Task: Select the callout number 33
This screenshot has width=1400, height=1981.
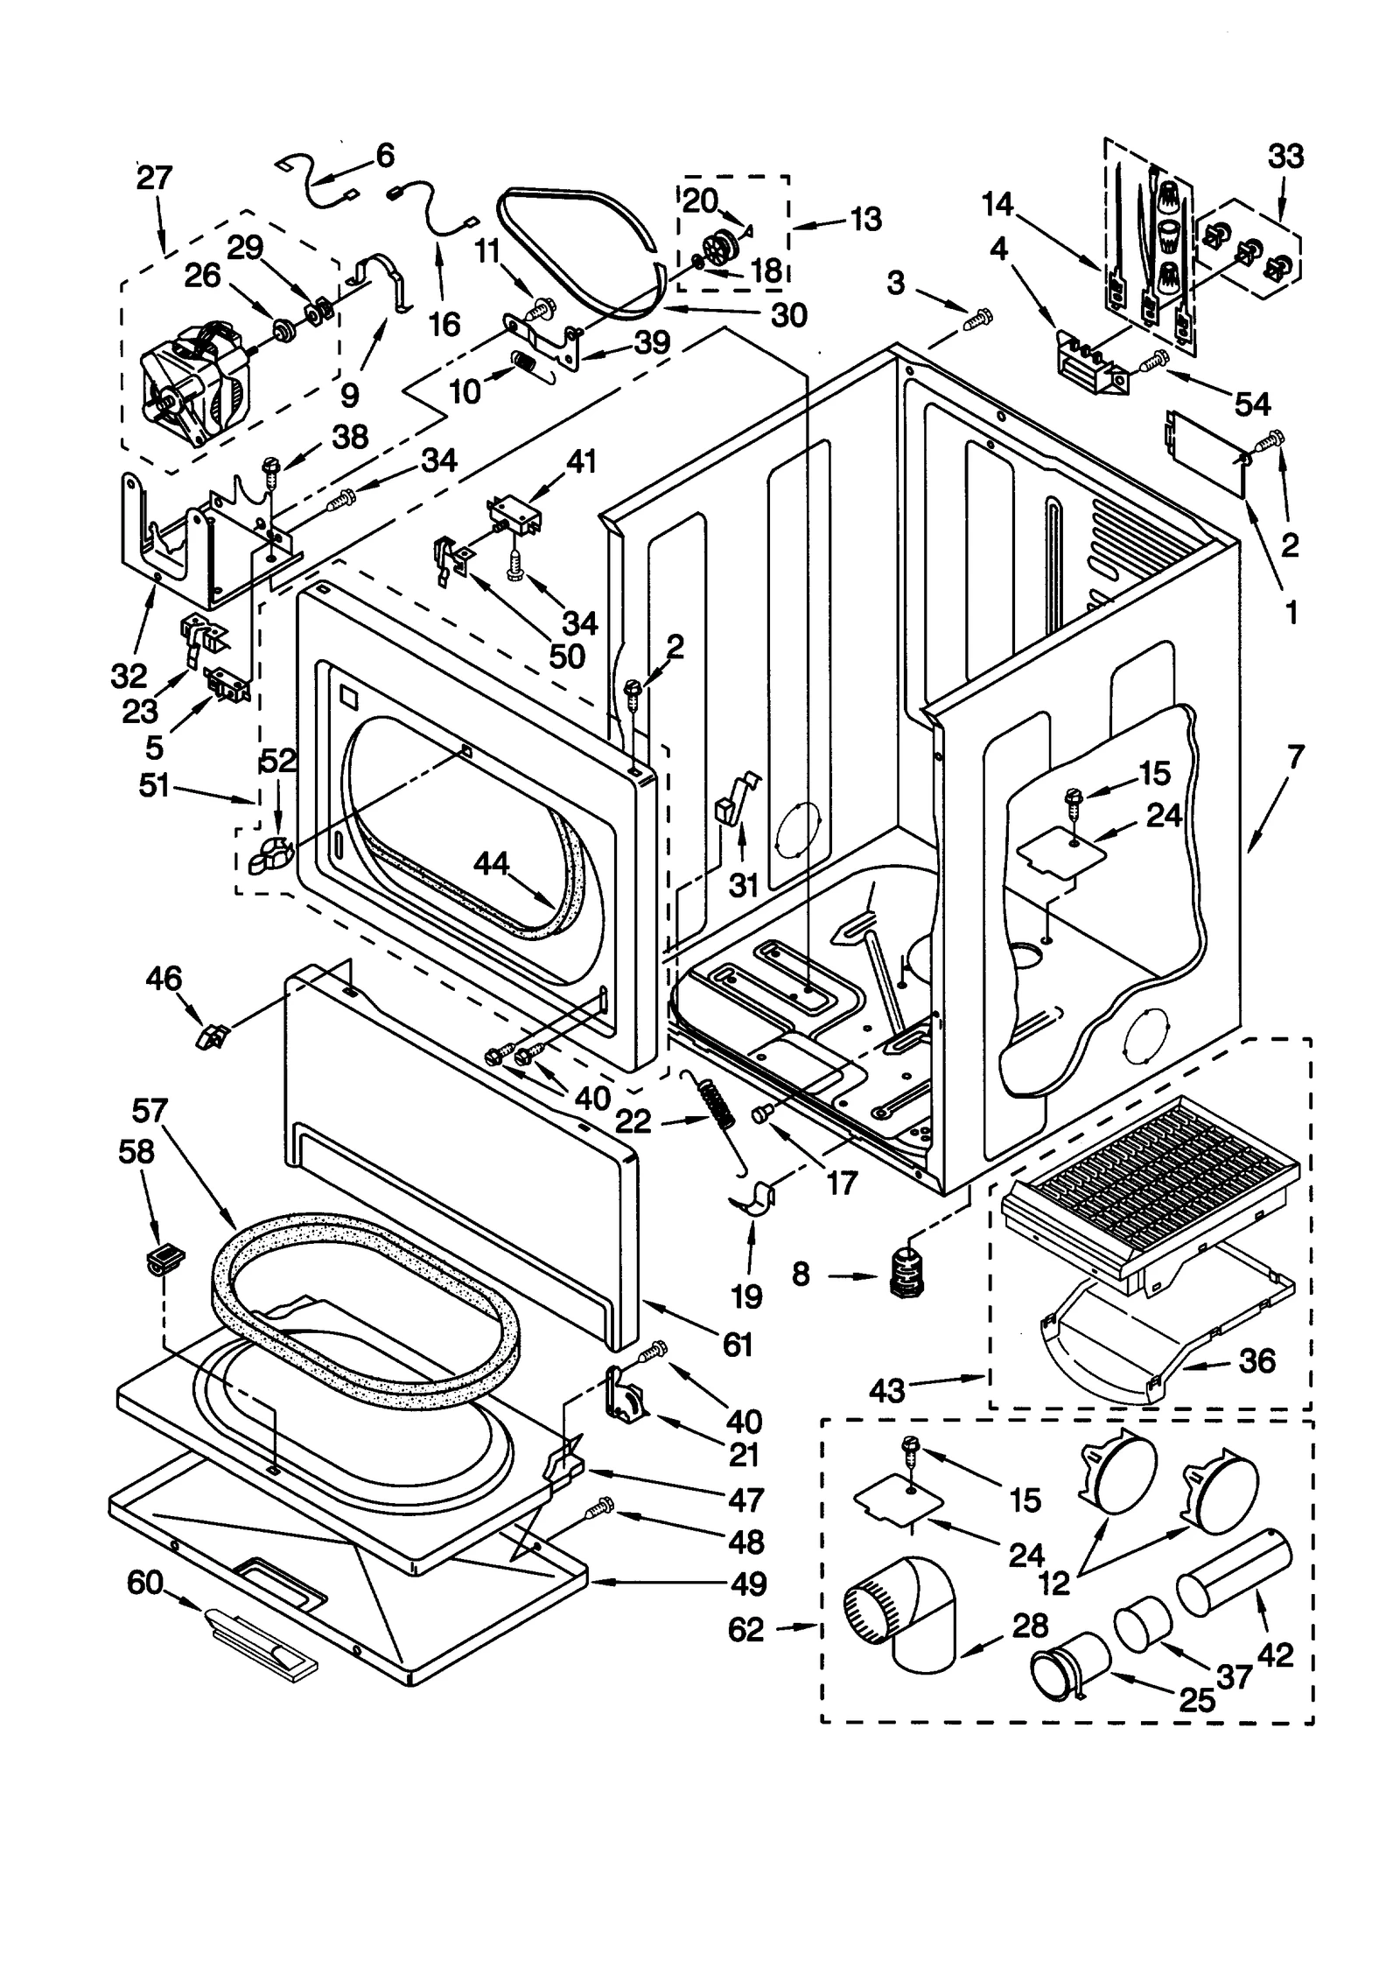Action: click(1284, 158)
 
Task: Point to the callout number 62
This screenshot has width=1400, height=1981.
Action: click(745, 1630)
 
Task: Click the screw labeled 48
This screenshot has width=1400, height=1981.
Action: click(600, 1510)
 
